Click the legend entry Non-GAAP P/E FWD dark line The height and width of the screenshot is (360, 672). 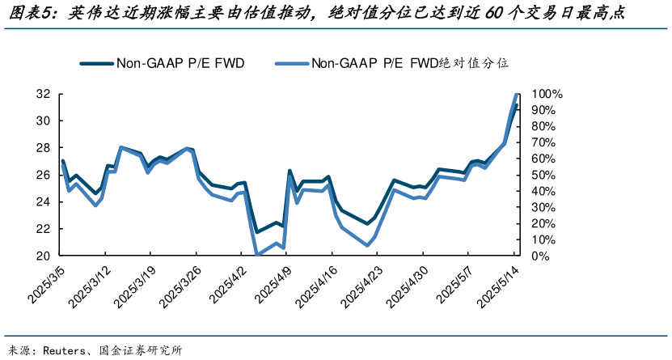coord(162,62)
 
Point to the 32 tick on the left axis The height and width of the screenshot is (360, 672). coord(43,94)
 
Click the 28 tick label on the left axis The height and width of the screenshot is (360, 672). coord(43,148)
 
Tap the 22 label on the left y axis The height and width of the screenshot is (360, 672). coord(43,229)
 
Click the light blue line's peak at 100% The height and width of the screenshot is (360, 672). coord(517,95)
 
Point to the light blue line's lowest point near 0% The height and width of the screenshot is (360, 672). coord(258,255)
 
